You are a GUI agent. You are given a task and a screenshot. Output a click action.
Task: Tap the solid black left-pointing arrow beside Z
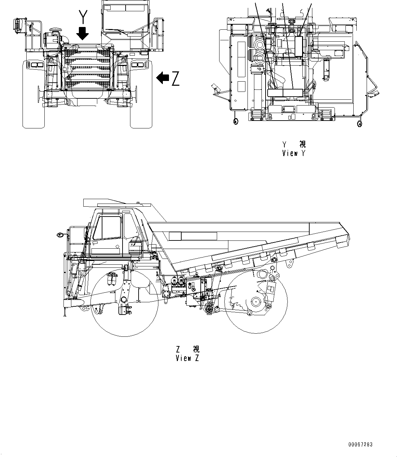163,78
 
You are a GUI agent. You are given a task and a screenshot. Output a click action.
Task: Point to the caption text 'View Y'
294,153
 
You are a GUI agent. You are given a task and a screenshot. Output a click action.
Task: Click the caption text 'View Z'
187,358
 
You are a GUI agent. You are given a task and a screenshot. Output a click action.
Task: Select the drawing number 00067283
360,444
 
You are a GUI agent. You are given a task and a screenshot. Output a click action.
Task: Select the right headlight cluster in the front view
138,65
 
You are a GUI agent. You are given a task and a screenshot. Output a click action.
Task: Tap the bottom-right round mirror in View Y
359,124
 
